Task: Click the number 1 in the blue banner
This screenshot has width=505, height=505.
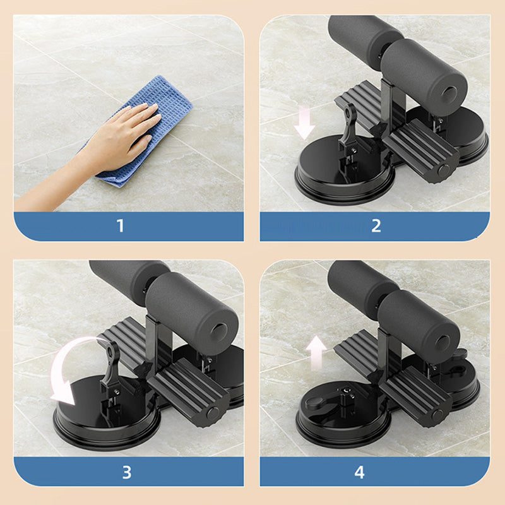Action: tap(121, 226)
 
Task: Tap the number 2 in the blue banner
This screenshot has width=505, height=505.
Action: tap(376, 226)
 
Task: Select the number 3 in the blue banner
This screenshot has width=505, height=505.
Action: tap(126, 472)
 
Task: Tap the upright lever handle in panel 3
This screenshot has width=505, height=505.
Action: tap(110, 366)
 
